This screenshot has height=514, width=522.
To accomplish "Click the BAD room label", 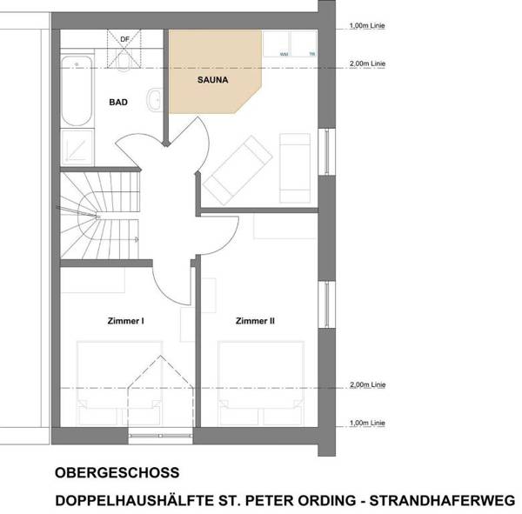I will (x=118, y=103).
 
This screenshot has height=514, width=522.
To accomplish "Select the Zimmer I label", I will (x=125, y=321).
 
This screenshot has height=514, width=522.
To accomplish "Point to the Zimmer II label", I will (x=255, y=321).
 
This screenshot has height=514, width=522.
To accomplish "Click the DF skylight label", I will (x=125, y=40).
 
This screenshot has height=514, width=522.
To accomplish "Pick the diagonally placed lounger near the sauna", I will (x=238, y=167).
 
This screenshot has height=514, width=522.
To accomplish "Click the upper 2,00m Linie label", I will (x=365, y=64).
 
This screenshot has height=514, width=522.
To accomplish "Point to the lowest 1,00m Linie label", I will (x=365, y=424).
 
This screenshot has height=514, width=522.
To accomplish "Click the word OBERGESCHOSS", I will (x=117, y=473).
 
